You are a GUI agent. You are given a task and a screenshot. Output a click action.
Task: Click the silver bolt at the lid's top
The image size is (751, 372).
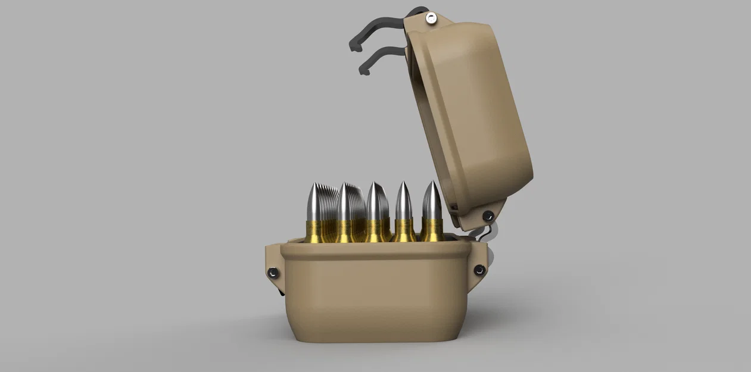(x=430, y=19)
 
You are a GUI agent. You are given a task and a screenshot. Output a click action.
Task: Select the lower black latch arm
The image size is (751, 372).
(x=384, y=54)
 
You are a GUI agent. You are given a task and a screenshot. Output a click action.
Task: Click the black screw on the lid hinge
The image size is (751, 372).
(x=488, y=215)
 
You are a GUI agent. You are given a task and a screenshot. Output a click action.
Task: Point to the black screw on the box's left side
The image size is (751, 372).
(x=272, y=273)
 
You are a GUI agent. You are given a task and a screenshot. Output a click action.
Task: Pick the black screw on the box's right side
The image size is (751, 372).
(x=479, y=270)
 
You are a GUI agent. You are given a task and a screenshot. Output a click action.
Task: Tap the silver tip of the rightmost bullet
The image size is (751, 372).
(x=432, y=199)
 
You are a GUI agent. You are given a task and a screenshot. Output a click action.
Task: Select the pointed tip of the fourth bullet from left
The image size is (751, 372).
(x=403, y=186)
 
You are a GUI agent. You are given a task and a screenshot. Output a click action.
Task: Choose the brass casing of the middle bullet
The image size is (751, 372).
(x=375, y=230)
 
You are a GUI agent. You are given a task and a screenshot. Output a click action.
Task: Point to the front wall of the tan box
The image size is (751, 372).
(x=375, y=298)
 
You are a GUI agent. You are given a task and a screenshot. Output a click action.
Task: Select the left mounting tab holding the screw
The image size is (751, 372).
(x=273, y=268)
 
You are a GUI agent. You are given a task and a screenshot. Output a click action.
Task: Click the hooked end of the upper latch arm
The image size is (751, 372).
(x=355, y=45)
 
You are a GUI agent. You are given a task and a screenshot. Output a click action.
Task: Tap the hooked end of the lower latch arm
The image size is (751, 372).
(x=363, y=70)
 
